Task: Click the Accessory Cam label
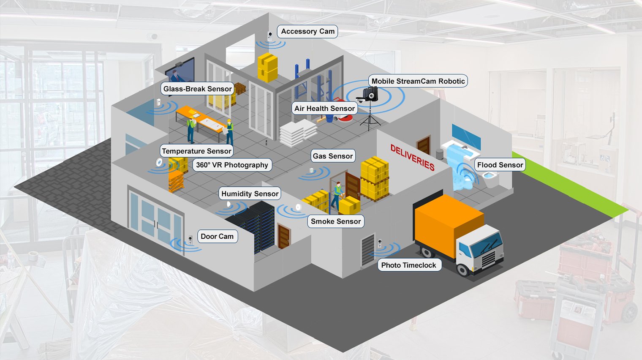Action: point(307,31)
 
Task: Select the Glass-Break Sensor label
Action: point(197,89)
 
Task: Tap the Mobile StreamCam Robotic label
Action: point(418,81)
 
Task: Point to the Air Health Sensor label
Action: point(324,109)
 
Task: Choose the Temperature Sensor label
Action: point(196,151)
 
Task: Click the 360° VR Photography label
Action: point(232,165)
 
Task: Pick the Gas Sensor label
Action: point(332,156)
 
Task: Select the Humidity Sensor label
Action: point(250,194)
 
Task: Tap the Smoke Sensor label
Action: point(335,221)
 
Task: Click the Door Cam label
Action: point(217,236)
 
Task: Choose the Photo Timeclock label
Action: point(408,265)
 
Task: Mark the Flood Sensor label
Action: point(500,165)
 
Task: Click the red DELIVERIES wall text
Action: point(412,157)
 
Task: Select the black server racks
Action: point(252,224)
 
